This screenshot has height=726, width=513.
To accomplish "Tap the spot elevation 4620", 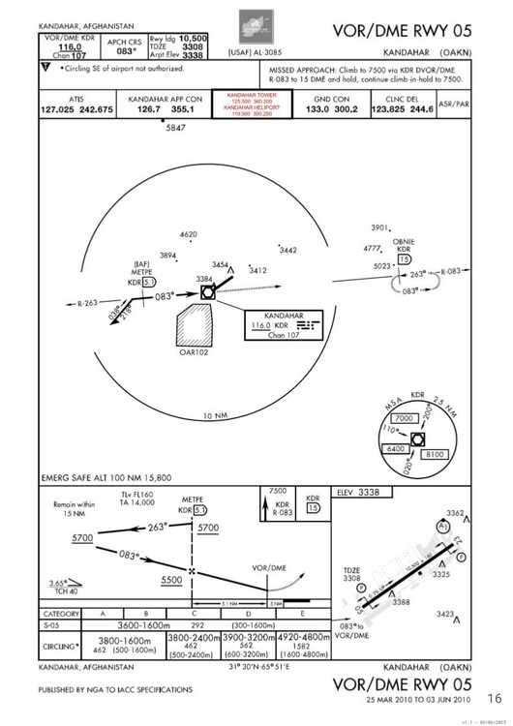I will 188,234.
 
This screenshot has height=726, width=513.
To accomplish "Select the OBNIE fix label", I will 404,242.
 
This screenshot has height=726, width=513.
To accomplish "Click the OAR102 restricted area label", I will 196,353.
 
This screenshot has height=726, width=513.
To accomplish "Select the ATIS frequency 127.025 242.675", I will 78,109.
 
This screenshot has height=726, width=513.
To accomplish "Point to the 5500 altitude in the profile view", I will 171,579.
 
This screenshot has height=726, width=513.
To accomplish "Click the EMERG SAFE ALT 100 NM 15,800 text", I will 106,478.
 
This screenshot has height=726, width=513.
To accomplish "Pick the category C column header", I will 194,614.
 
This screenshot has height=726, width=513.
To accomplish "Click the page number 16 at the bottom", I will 494,698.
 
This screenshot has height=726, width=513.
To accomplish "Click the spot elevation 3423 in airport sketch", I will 447,614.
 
